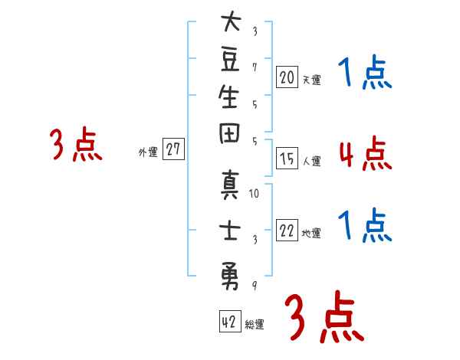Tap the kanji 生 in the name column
231,101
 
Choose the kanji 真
231,188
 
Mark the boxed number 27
174,150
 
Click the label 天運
311,80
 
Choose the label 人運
311,162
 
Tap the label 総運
255,325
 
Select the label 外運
148,153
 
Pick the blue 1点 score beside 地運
364,226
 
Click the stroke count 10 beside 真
255,193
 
